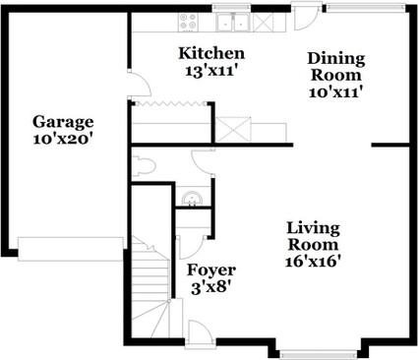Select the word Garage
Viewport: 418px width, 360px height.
click(63, 122)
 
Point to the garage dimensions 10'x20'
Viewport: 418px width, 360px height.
click(63, 140)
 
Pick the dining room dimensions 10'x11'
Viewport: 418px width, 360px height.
click(335, 91)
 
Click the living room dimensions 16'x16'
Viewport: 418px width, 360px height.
click(312, 262)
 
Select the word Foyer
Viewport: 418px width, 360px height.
click(209, 268)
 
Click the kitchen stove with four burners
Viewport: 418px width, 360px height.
click(187, 21)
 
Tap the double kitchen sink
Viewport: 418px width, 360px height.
click(231, 21)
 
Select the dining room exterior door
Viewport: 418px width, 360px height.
click(305, 18)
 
